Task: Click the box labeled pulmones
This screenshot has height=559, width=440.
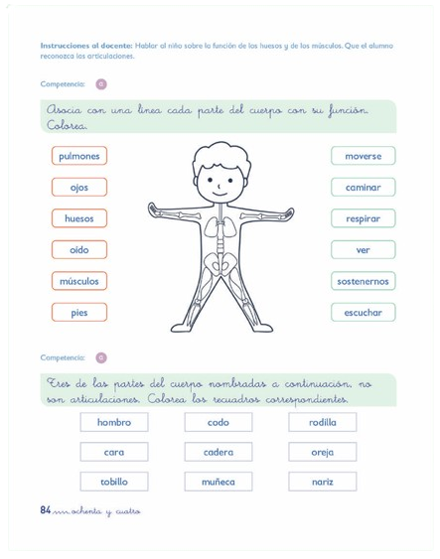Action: tap(78, 156)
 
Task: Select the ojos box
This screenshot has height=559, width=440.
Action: tap(78, 187)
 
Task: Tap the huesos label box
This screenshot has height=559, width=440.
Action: tap(78, 218)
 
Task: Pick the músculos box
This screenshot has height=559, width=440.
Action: tap(78, 281)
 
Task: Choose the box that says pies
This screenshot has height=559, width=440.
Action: tap(78, 312)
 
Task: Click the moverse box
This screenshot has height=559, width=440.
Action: tap(363, 156)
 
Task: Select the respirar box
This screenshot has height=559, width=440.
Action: tap(363, 218)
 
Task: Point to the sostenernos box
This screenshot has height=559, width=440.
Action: tap(363, 281)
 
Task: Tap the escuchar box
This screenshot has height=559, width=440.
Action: tap(363, 312)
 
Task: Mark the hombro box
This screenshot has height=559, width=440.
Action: tap(113, 422)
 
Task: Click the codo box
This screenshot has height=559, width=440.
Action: tap(219, 422)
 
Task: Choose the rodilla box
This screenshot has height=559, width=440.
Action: tap(323, 422)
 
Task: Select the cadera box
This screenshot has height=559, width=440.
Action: tap(219, 452)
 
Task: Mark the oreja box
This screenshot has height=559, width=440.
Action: tap(323, 452)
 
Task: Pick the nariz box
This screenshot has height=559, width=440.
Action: tap(323, 482)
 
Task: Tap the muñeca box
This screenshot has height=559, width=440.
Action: tap(219, 482)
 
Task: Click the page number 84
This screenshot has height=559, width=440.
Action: tap(46, 510)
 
